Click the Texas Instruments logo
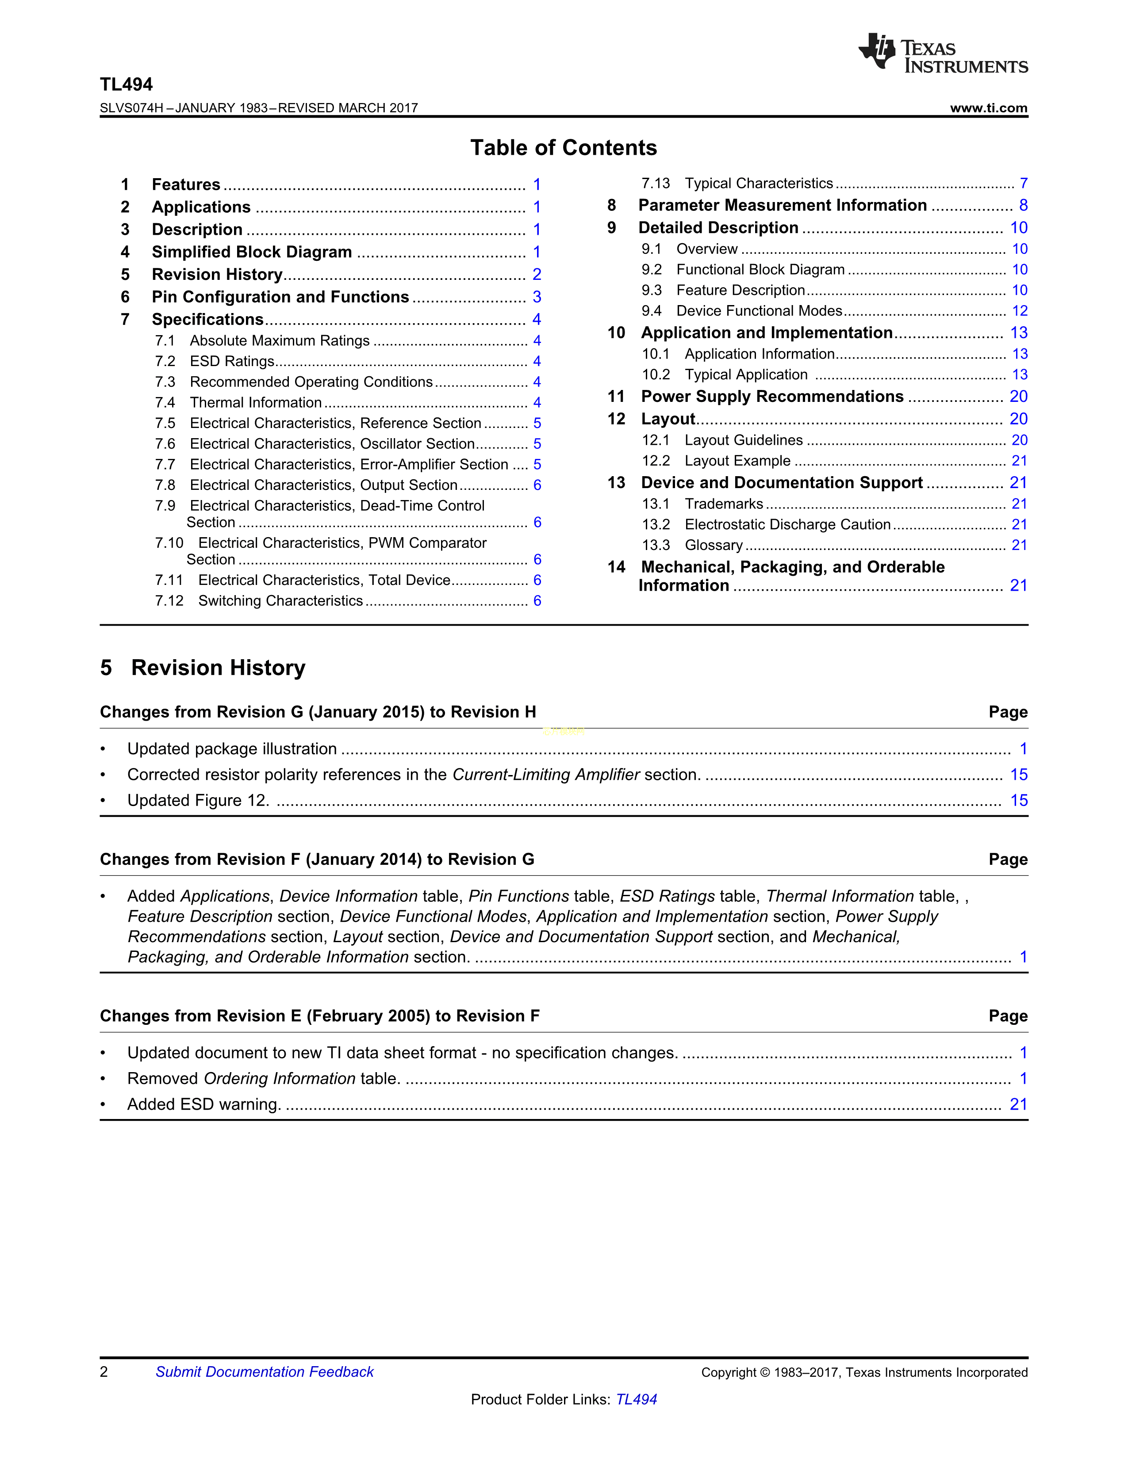942,53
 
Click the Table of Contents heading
563,148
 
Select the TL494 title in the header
127,85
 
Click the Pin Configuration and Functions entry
280,297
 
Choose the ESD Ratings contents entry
232,361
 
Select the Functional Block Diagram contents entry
760,270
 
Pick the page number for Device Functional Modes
1019,311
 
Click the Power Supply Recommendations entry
772,397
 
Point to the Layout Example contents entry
737,461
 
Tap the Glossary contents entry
713,546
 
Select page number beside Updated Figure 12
1018,800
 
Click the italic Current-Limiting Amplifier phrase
546,775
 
